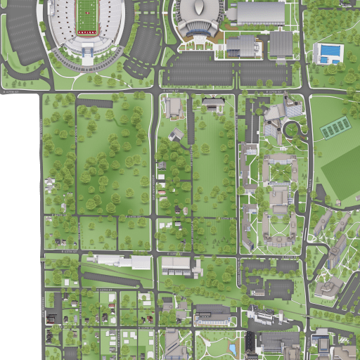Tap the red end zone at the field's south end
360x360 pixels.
pyautogui.click(x=87, y=32)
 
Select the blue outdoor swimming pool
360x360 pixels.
pyautogui.click(x=328, y=53)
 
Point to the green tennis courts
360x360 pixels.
pyautogui.click(x=335, y=128)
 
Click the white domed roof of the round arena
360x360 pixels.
pyautogui.click(x=200, y=9)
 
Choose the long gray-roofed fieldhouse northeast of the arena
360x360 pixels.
pyautogui.click(x=260, y=13)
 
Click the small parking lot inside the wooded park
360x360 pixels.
pyautogui.click(x=94, y=103)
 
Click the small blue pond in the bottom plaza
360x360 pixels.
pyautogui.click(x=233, y=349)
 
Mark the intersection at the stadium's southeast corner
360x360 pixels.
pyautogui.click(x=154, y=91)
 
